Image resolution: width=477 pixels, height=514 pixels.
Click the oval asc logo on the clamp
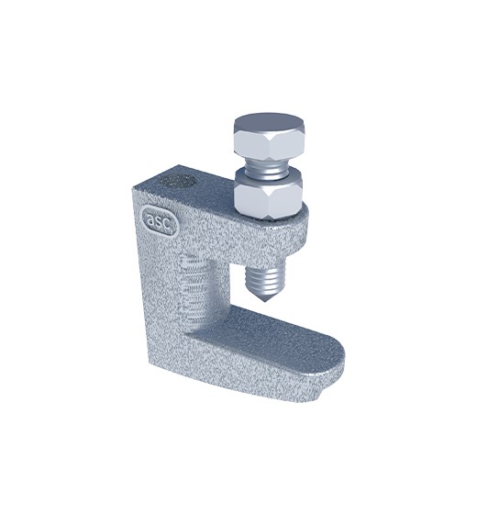(x=160, y=220)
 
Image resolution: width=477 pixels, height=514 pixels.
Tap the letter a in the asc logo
(x=150, y=219)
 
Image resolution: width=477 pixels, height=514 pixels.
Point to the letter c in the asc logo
(x=167, y=224)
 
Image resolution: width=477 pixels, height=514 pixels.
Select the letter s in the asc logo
(x=159, y=221)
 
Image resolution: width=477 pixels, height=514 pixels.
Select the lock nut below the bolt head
(x=269, y=194)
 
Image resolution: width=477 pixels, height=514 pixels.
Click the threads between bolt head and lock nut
(x=268, y=169)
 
